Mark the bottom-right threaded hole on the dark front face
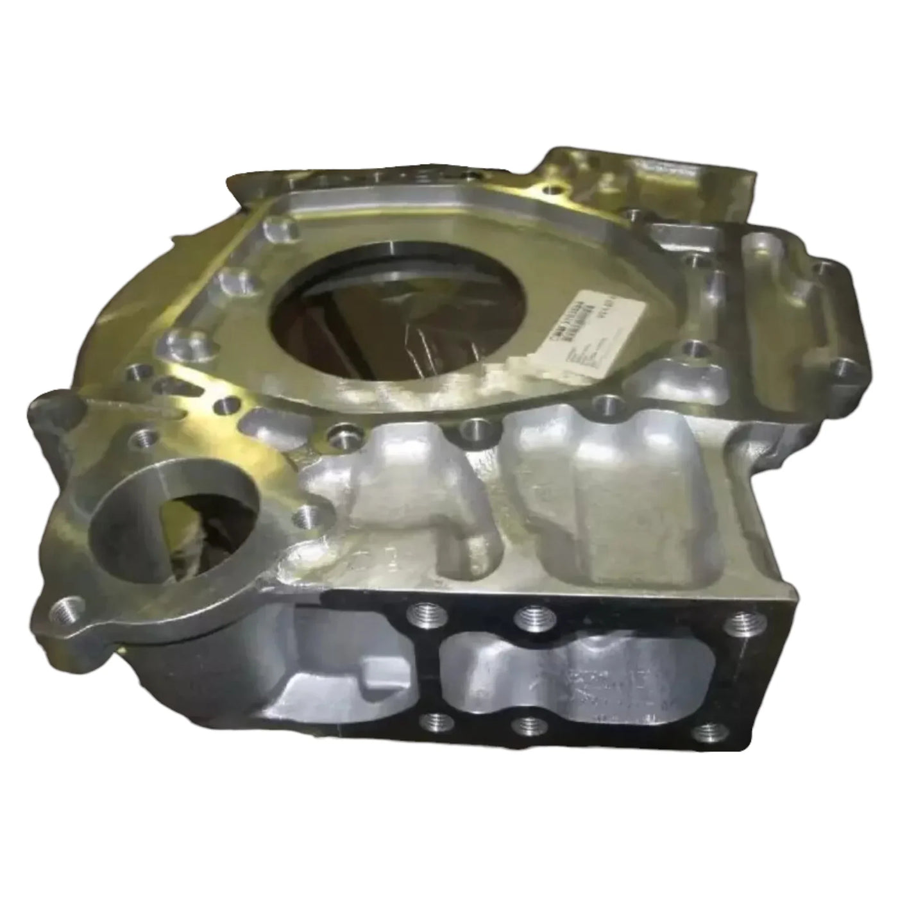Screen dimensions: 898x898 pyautogui.click(x=707, y=730)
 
